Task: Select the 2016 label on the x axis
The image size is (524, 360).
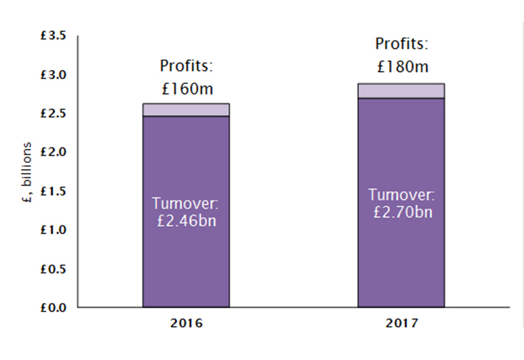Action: [x=186, y=323]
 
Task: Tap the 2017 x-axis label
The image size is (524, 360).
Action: [x=401, y=323]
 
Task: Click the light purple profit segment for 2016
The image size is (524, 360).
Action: [x=186, y=110]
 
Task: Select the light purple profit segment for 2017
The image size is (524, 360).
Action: [x=401, y=91]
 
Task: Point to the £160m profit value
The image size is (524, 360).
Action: [x=186, y=88]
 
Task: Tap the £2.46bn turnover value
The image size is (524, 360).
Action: [x=186, y=221]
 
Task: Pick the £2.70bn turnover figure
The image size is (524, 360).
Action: [x=401, y=212]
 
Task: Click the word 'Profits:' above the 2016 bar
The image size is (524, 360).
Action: [x=186, y=67]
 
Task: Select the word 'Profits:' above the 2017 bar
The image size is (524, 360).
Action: [x=401, y=45]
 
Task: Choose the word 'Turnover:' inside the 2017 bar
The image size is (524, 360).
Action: [x=401, y=195]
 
